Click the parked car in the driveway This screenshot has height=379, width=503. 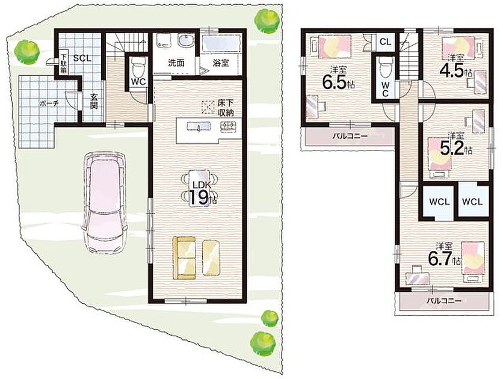click(104, 203)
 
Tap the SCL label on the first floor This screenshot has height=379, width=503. click(82, 58)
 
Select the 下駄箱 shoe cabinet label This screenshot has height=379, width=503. click(64, 66)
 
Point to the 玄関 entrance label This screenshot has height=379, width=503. click(93, 101)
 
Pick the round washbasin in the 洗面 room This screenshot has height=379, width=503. click(185, 42)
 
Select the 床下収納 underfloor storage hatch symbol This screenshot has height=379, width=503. click(208, 106)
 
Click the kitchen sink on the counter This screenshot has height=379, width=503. click(199, 127)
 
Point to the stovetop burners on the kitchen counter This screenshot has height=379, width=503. click(228, 126)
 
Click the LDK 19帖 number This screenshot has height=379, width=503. click(199, 197)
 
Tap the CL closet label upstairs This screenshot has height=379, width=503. click(385, 42)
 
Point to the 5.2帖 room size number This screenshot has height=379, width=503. click(452, 148)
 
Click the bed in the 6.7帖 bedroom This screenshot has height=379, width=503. click(473, 262)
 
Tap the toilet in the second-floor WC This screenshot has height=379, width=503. click(384, 67)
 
